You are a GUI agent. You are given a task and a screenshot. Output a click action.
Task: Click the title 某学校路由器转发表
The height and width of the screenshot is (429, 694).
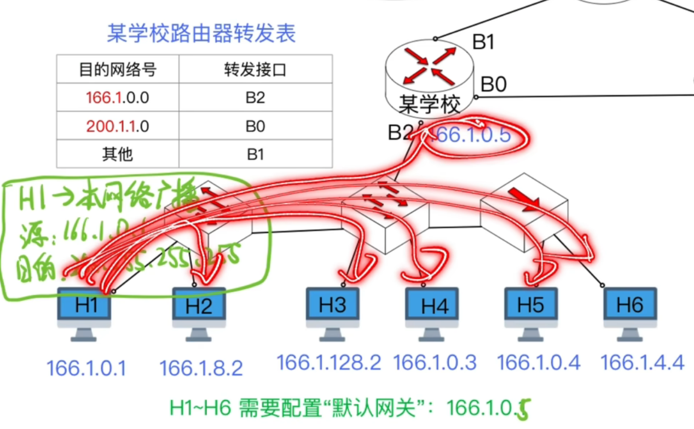coord(201,34)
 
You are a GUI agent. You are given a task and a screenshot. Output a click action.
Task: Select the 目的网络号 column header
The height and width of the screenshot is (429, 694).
coord(118,69)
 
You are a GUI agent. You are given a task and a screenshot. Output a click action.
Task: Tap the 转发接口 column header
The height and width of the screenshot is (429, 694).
coord(255,69)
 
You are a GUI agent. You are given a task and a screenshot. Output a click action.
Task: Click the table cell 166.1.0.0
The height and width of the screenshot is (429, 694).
coord(118,98)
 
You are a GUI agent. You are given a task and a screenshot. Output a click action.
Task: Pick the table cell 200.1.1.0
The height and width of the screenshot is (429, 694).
coord(118,126)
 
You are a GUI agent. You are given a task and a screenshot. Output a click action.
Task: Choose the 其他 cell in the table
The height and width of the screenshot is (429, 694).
coord(118,154)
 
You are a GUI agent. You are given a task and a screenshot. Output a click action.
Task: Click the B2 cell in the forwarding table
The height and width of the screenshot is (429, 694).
coord(255,98)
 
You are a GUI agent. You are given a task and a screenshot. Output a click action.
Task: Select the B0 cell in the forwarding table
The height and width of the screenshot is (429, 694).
coord(255,126)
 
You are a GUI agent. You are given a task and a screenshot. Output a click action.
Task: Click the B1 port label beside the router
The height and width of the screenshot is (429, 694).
coord(483,42)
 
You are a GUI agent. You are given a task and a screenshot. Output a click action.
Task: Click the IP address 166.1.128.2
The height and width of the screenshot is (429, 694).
coord(329,362)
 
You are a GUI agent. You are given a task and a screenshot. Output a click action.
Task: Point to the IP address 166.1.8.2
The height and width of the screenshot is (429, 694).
coord(201,368)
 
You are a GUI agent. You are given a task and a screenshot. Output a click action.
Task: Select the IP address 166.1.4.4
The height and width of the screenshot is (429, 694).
coord(643,362)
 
